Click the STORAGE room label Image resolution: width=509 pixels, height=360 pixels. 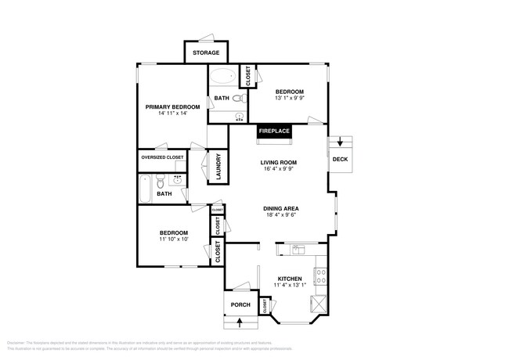(206, 53)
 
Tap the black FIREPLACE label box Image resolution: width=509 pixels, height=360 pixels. (274, 131)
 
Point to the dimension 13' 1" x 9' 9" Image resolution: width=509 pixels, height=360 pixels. (289, 99)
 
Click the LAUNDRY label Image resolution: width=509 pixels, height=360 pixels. (218, 167)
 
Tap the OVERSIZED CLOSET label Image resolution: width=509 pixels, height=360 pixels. (163, 157)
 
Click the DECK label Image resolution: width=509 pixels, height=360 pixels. (340, 159)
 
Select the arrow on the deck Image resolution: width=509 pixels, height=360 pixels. (341, 142)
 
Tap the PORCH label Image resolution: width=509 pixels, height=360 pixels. (240, 305)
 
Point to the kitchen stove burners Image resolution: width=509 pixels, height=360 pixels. (319, 275)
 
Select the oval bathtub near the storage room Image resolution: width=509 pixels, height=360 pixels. (223, 77)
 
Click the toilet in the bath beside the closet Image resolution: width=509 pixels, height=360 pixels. (238, 99)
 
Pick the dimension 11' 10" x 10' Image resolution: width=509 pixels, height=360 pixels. (174, 239)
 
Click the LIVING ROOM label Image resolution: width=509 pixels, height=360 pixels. (279, 163)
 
